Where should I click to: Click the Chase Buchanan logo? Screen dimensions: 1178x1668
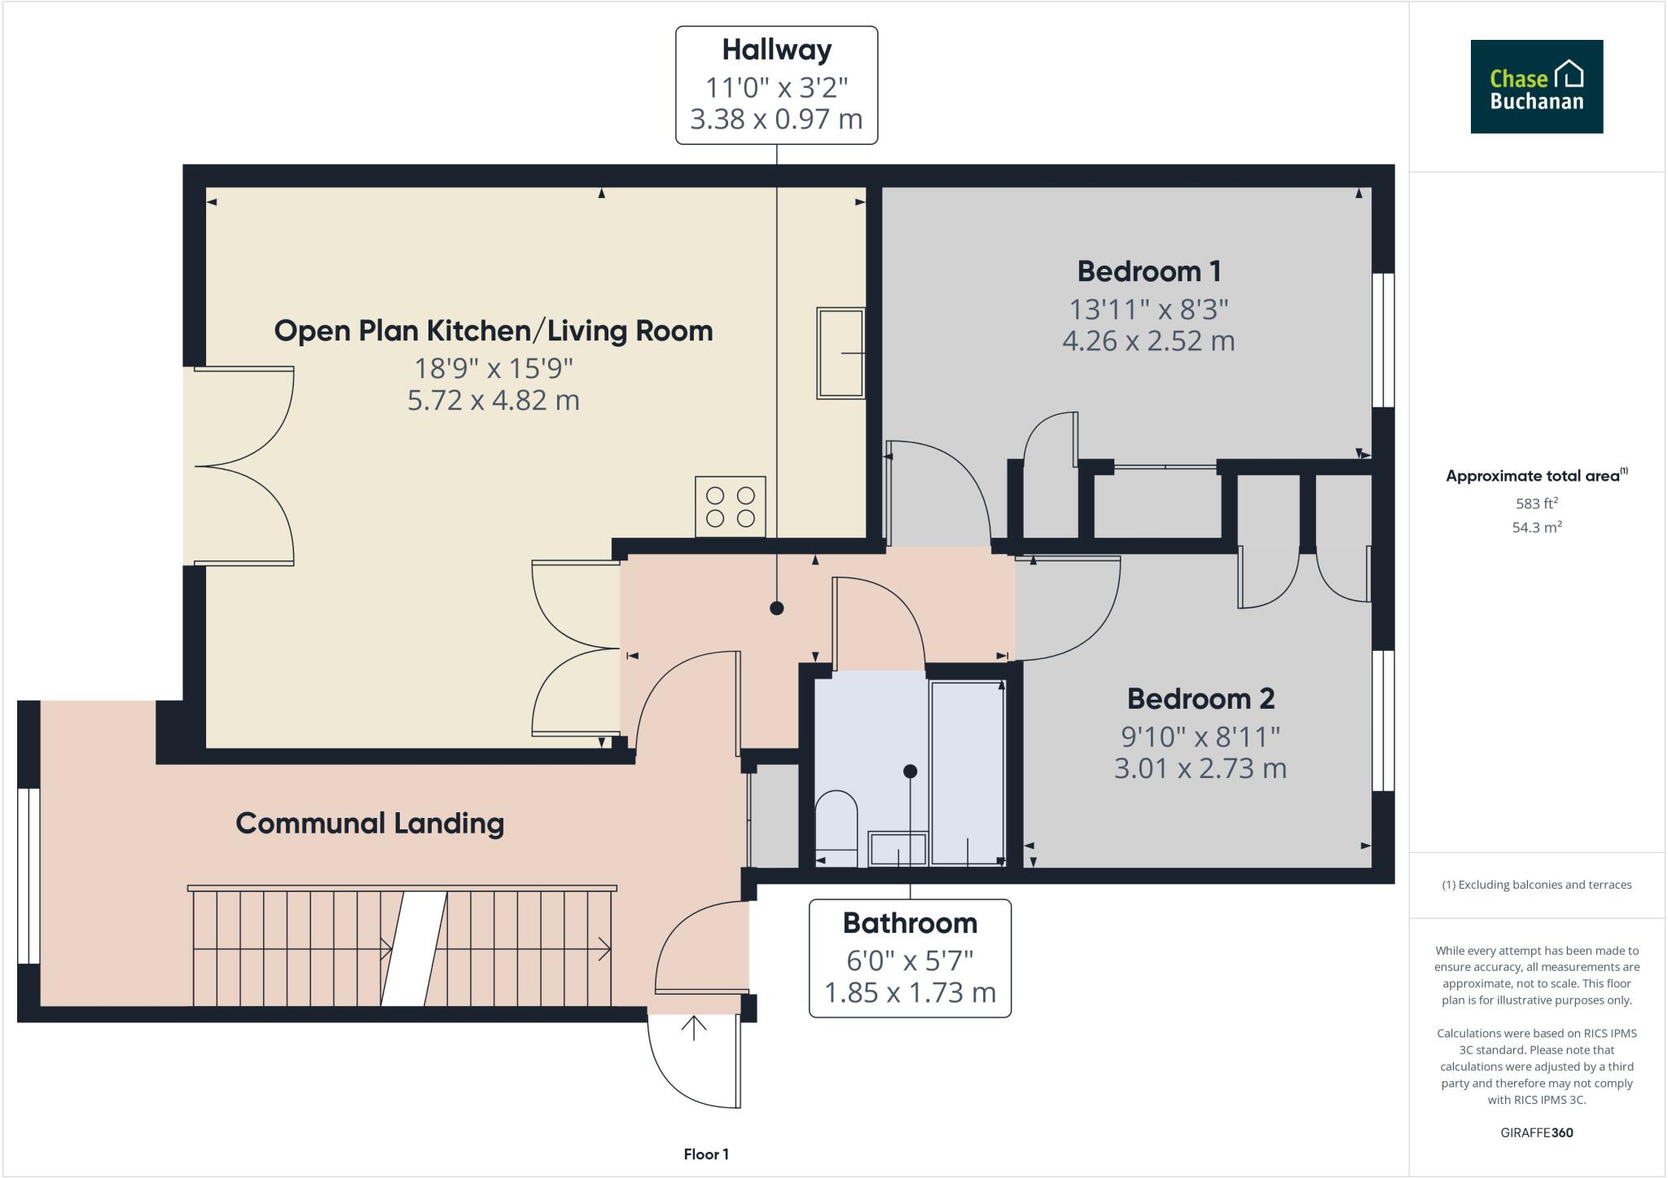pyautogui.click(x=1536, y=86)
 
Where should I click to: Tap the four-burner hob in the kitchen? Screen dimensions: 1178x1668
pyautogui.click(x=730, y=507)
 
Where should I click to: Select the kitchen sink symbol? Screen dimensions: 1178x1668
pyautogui.click(x=841, y=353)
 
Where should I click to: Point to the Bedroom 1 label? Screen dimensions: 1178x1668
pyautogui.click(x=1148, y=271)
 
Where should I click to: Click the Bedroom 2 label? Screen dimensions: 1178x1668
pyautogui.click(x=1201, y=699)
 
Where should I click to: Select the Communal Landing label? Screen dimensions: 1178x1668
pyautogui.click(x=370, y=824)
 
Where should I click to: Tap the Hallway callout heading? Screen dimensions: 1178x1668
pyautogui.click(x=776, y=50)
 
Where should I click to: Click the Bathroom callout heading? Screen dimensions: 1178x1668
pyautogui.click(x=910, y=923)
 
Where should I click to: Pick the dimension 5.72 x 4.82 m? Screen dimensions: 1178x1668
pyautogui.click(x=494, y=401)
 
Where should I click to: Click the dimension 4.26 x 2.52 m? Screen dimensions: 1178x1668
pyautogui.click(x=1148, y=341)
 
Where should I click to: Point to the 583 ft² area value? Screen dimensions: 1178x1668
pyautogui.click(x=1536, y=503)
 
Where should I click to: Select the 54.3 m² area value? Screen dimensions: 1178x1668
pyautogui.click(x=1536, y=527)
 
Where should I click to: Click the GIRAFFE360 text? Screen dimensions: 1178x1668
pyautogui.click(x=1536, y=1132)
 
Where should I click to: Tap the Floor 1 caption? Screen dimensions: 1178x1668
pyautogui.click(x=706, y=1154)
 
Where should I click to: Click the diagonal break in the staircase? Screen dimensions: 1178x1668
pyautogui.click(x=415, y=948)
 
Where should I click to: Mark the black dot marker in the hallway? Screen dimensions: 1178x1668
pyautogui.click(x=776, y=608)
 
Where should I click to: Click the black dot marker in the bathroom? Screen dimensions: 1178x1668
pyautogui.click(x=911, y=771)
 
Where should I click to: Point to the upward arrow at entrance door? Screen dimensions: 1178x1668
pyautogui.click(x=694, y=1028)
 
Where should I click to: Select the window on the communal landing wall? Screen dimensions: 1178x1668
pyautogui.click(x=28, y=876)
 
